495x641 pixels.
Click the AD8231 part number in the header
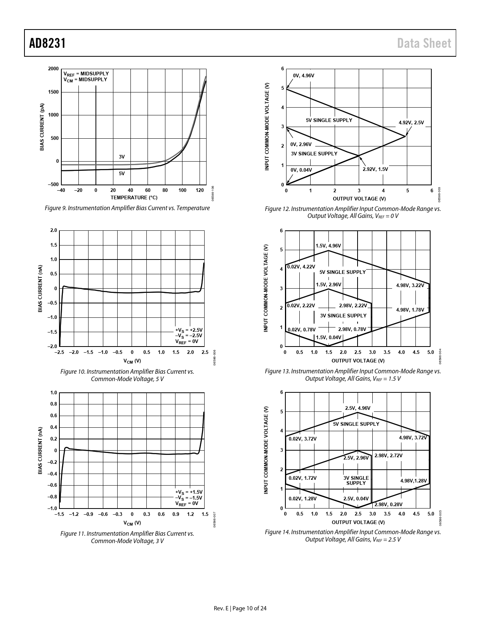47,44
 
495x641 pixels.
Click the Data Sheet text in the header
424,44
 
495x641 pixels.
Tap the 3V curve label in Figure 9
122,157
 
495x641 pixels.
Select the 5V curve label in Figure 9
122,174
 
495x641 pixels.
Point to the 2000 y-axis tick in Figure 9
54,69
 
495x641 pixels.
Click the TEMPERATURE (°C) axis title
134,198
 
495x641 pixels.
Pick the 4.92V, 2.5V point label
411,123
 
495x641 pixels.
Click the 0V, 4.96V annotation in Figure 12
304,76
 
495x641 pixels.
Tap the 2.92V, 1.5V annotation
375,169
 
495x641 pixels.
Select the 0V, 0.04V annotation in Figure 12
301,170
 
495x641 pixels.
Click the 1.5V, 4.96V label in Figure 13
328,246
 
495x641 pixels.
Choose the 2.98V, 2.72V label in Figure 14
388,455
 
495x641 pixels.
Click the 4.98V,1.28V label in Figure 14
413,481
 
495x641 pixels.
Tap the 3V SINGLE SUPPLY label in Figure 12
314,153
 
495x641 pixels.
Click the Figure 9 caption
127,208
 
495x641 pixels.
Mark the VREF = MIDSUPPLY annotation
86,73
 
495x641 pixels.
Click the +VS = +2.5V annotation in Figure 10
189,330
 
